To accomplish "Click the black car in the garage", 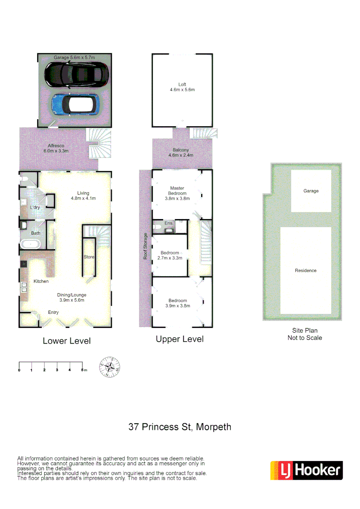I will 76,74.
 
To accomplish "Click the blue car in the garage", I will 75,105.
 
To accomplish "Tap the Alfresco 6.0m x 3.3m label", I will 56,148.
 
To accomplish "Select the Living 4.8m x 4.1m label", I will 83,195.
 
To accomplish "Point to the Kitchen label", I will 41,281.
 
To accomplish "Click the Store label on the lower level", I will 89,257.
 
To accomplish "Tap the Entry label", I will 53,312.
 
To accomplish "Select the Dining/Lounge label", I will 73,298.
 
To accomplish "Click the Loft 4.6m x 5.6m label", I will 182,87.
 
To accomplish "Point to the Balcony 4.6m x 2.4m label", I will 181,152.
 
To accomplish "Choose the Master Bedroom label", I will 178,193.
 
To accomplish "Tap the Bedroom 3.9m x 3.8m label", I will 178,303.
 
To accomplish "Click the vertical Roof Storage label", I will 146,246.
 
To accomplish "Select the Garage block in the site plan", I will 311,191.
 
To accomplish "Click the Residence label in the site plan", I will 305,271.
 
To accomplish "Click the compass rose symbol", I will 109,367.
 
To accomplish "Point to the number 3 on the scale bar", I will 57,370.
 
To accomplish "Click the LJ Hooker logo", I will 306,470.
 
